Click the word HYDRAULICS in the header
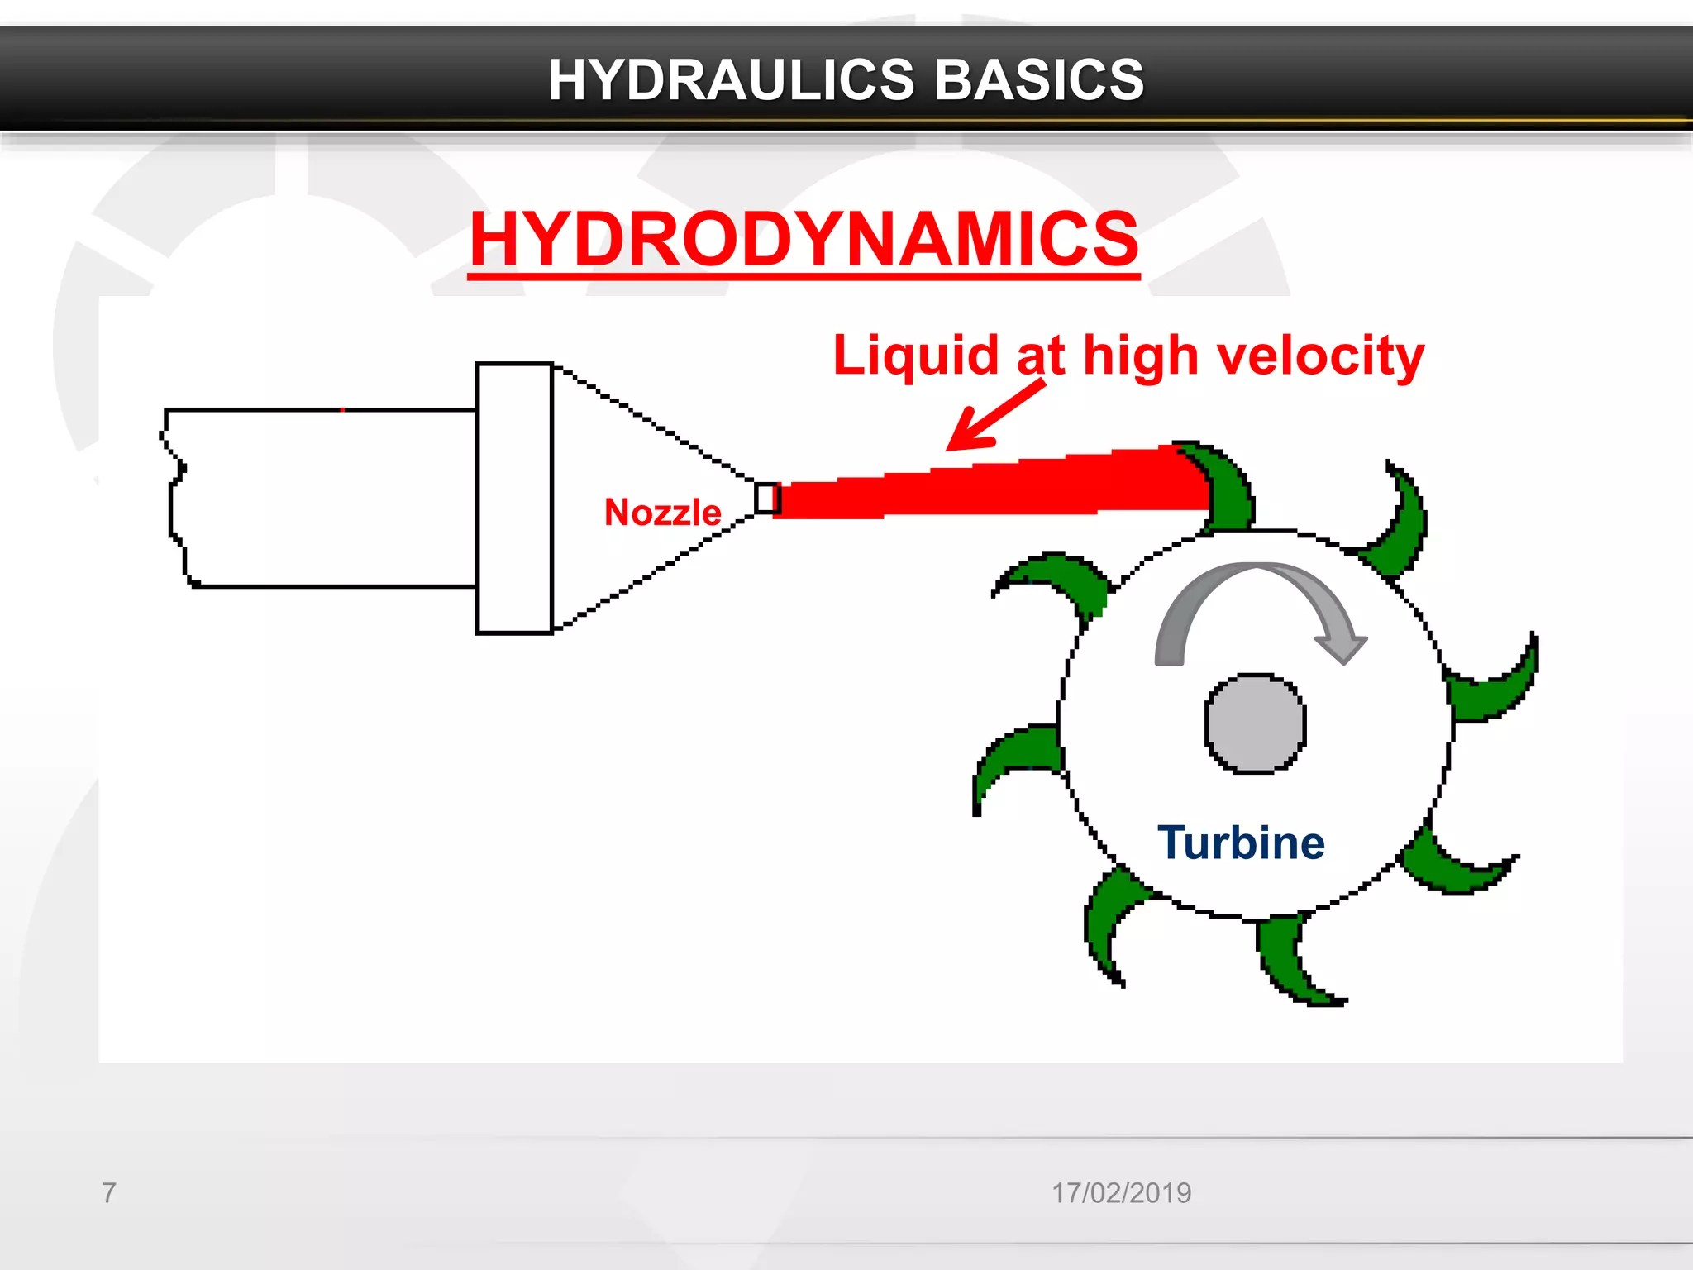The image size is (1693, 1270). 731,80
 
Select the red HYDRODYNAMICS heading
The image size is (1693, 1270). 804,239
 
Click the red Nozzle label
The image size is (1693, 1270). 662,513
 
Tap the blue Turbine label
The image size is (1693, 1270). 1241,843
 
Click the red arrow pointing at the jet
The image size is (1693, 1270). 992,418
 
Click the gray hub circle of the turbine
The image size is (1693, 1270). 1255,723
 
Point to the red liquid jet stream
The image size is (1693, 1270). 992,488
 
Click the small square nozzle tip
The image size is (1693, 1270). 766,499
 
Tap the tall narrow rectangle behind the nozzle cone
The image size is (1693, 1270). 514,499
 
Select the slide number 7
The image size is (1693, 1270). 108,1192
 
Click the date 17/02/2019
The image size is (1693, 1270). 1121,1192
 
